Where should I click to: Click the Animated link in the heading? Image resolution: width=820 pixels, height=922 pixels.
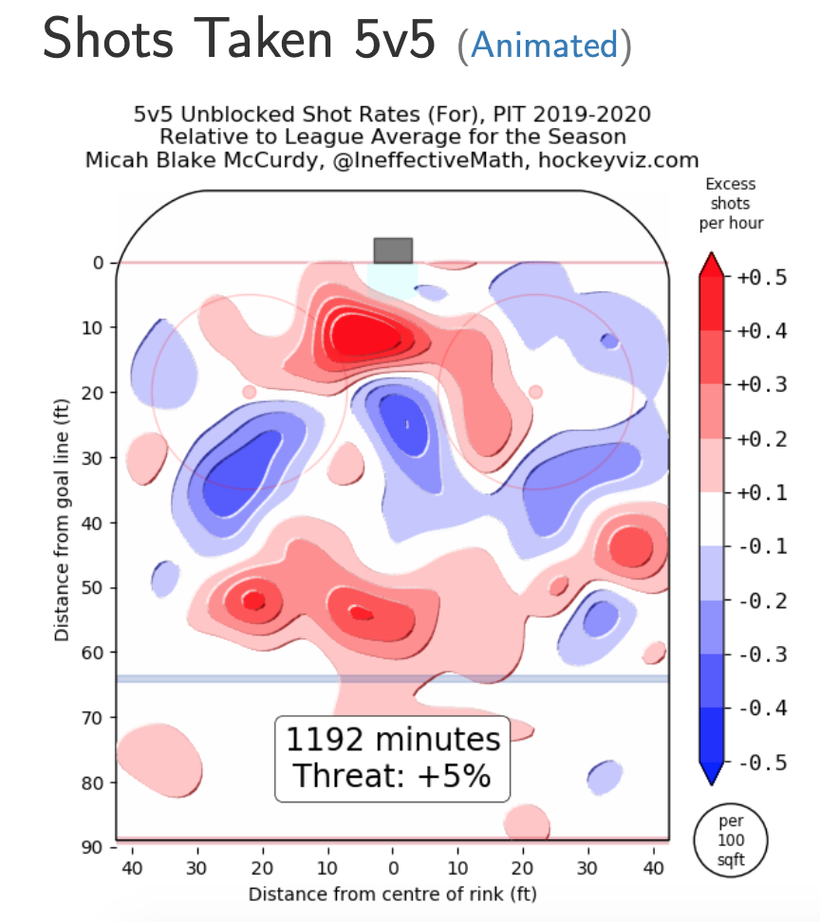544,44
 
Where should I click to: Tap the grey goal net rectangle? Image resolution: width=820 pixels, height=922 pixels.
393,250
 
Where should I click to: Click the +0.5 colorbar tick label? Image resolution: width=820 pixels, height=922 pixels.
761,278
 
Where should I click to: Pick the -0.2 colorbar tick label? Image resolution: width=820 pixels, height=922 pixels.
761,601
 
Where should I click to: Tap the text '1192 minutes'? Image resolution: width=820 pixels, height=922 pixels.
393,739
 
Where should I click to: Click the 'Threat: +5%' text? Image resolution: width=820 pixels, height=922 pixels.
393,775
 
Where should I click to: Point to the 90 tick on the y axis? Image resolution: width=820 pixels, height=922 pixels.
93,847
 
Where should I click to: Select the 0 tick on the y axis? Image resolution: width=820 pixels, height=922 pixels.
98,263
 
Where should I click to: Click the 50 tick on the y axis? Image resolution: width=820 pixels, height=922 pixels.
93,588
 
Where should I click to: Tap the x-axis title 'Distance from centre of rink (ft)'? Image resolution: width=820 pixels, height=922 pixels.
393,894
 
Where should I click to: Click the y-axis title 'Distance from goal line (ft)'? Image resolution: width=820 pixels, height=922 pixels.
62,522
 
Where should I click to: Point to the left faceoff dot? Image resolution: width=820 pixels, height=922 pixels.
250,392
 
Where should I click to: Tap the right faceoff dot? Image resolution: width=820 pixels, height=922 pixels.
535,392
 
